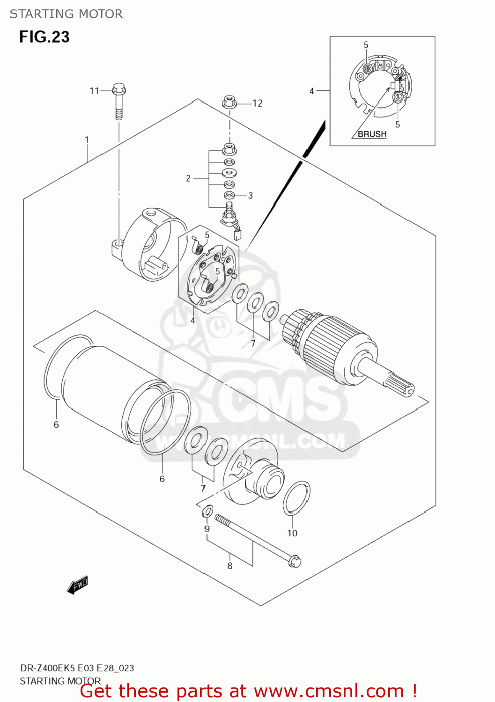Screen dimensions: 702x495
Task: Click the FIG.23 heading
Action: [44, 37]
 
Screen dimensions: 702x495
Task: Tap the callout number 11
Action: [94, 90]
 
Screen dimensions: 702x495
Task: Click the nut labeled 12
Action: [229, 102]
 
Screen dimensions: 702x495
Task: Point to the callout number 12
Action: [257, 103]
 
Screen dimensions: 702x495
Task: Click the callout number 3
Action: [251, 196]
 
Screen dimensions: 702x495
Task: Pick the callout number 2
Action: [188, 178]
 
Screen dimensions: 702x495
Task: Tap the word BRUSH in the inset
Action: [372, 134]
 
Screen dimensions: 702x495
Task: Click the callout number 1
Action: [87, 139]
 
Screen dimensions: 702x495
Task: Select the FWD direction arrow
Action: [77, 585]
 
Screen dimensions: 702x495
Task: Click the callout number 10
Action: [292, 533]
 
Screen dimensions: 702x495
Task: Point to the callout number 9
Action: [207, 529]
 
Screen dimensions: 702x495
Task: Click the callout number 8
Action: [230, 566]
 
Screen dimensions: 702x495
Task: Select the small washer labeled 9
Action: [208, 512]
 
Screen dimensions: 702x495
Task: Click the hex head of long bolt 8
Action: [295, 561]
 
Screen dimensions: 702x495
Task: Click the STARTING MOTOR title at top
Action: [66, 14]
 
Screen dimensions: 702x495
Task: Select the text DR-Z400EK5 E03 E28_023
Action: [77, 668]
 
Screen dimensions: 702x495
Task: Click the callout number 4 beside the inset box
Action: [311, 91]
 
